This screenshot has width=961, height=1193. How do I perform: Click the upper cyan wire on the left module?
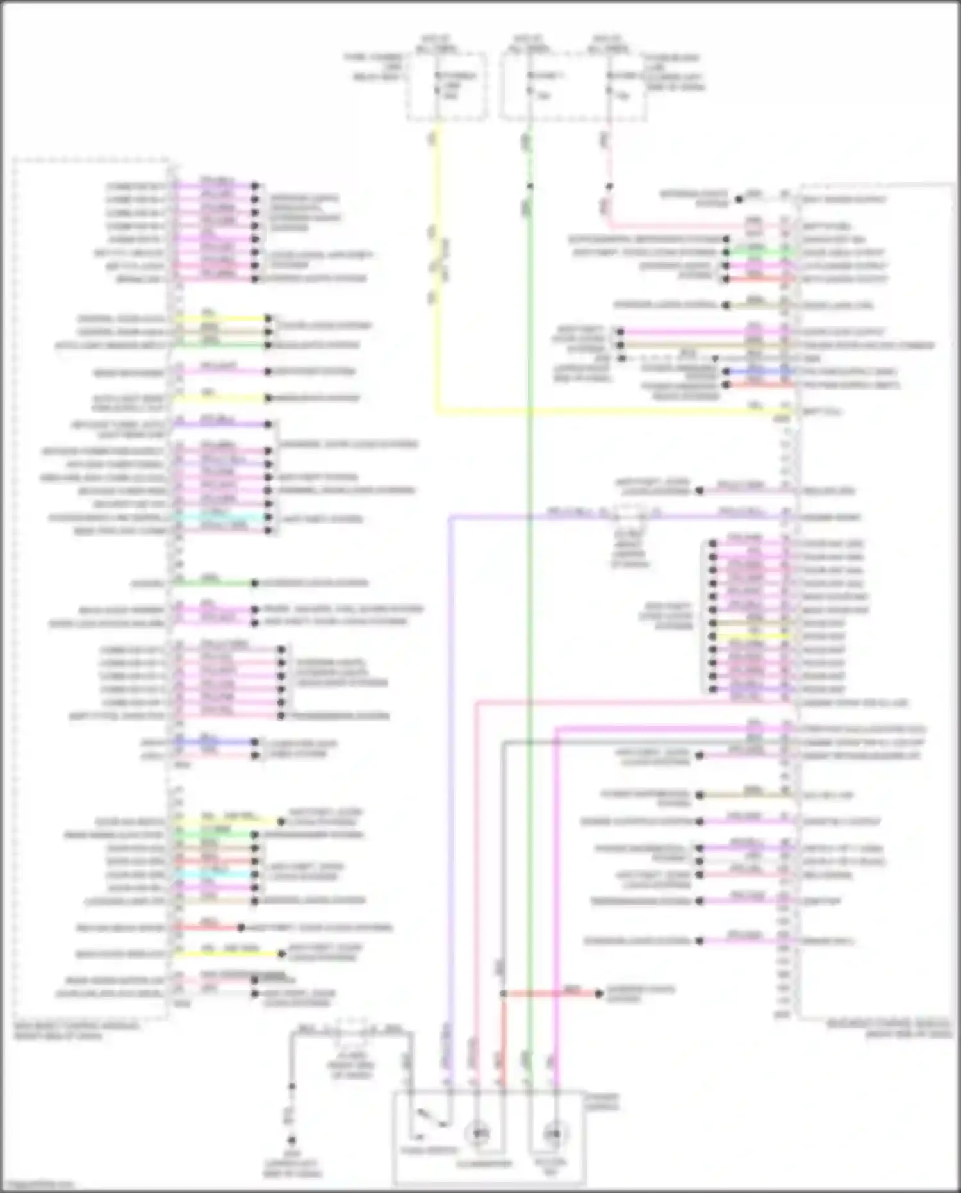point(221,517)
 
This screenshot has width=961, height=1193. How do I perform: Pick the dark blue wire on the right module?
point(756,372)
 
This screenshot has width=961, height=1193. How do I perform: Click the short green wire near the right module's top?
point(756,253)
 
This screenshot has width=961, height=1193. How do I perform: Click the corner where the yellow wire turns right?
point(437,410)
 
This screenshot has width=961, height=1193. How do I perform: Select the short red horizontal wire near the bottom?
point(551,994)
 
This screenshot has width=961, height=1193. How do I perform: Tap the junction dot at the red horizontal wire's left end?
point(504,994)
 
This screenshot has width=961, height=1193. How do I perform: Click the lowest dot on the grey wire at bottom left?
point(292,1141)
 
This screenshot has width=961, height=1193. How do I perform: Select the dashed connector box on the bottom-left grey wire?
point(349,1030)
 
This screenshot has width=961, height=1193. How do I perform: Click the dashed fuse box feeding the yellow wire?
point(447,87)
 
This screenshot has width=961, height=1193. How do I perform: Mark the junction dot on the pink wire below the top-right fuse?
point(609,187)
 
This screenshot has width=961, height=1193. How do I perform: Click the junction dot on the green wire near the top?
point(530,187)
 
